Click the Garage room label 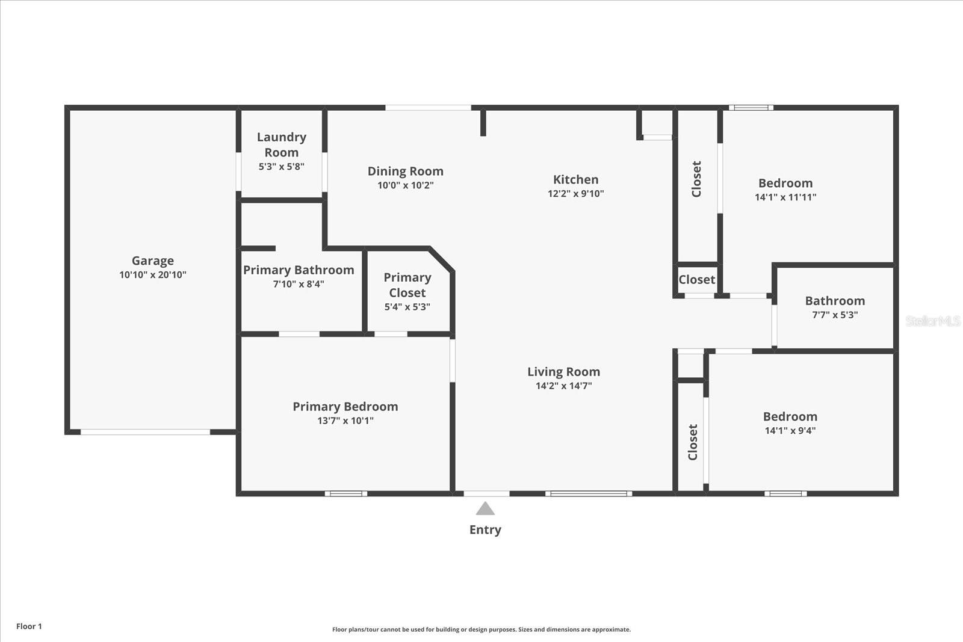pos(153,261)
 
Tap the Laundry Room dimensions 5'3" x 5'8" pos(281,167)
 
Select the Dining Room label pos(405,171)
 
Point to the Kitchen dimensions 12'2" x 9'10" pos(575,194)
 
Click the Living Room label pos(563,372)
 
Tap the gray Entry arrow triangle pos(485,510)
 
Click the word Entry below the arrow pos(485,529)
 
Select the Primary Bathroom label pos(299,270)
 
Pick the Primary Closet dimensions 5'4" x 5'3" pos(407,307)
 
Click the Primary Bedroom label pos(345,407)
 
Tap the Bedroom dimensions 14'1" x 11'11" pos(785,197)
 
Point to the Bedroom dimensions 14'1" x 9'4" pos(790,431)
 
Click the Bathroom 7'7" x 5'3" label pos(835,301)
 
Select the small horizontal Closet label pos(697,280)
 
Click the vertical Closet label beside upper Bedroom pos(696,179)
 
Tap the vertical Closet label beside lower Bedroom pos(693,442)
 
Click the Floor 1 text pos(29,626)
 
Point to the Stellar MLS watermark pos(932,321)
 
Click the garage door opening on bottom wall pos(145,432)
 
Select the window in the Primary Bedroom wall pos(346,494)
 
